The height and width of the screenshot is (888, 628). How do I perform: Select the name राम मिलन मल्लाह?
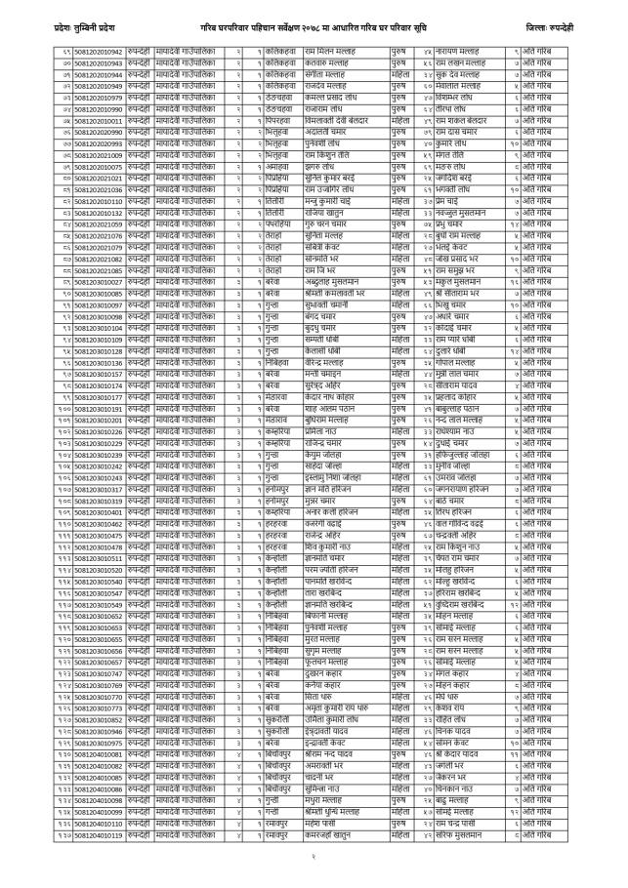[x=331, y=50]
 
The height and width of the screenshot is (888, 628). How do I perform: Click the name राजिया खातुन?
[x=324, y=213]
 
